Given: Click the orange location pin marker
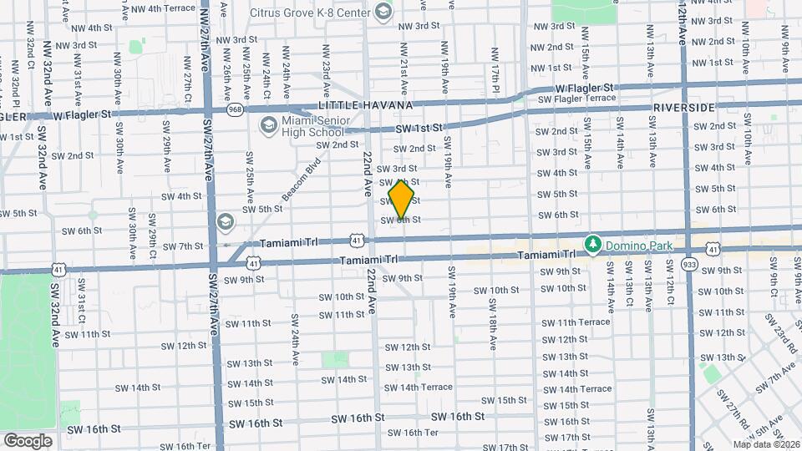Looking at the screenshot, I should click(402, 200).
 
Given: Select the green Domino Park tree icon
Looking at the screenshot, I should click(593, 243).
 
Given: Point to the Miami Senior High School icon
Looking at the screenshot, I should click(268, 126).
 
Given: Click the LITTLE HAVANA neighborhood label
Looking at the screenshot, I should click(364, 106).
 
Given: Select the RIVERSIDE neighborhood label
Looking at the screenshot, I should click(684, 109).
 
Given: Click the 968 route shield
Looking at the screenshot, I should click(235, 109).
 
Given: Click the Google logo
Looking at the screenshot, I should click(28, 440).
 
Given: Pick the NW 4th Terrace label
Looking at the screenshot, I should click(169, 8).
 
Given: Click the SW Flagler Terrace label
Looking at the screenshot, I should click(577, 99).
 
